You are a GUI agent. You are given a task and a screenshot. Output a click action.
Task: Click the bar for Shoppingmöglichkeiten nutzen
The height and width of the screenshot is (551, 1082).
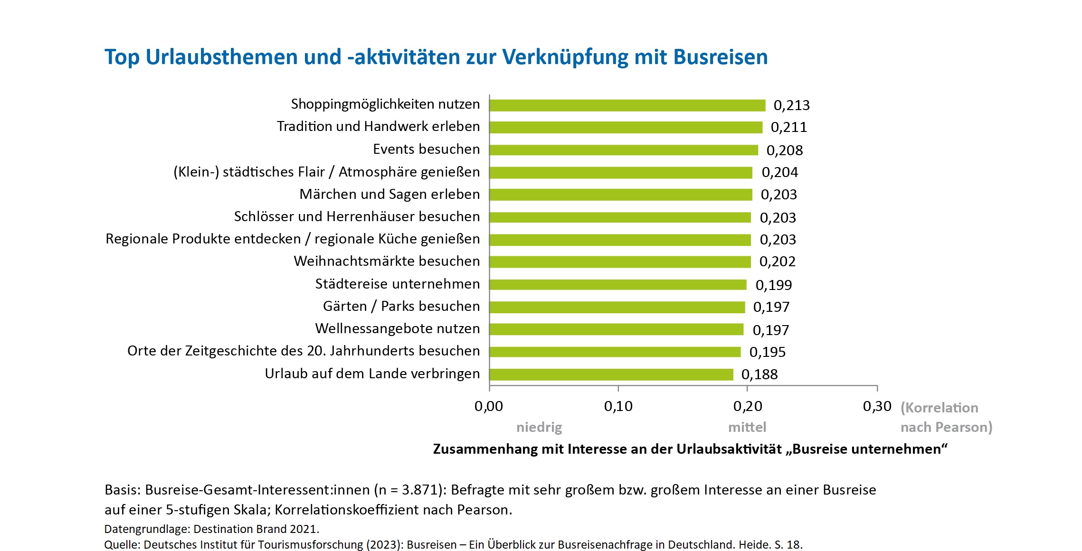click(x=627, y=105)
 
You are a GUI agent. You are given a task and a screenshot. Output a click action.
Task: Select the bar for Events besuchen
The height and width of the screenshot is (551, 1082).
click(x=623, y=150)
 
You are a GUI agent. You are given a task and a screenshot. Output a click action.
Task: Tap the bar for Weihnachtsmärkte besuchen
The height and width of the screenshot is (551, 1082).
click(x=620, y=262)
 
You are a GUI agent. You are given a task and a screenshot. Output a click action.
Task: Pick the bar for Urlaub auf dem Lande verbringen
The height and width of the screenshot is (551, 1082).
click(x=611, y=374)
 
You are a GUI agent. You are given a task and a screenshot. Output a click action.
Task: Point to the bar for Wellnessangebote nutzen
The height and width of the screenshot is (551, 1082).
click(x=616, y=329)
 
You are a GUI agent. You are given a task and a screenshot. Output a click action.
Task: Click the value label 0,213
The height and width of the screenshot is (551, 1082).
click(x=791, y=105)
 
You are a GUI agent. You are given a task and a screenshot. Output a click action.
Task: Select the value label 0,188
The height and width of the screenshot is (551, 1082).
click(x=759, y=374)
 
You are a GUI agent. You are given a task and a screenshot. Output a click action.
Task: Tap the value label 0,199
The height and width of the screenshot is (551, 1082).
click(x=773, y=285)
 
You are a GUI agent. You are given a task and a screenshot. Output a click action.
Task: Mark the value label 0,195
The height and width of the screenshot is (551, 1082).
click(x=767, y=352)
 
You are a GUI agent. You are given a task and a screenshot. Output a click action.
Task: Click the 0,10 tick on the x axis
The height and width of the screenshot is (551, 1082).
click(x=618, y=406)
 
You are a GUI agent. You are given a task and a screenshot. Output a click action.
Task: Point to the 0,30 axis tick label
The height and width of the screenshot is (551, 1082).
click(x=877, y=406)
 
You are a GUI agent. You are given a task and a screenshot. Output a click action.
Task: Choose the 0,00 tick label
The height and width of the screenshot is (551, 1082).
click(x=488, y=406)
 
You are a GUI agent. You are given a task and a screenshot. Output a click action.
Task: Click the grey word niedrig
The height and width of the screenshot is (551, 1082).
click(x=539, y=427)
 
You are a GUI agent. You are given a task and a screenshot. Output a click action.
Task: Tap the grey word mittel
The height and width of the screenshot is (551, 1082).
click(x=747, y=427)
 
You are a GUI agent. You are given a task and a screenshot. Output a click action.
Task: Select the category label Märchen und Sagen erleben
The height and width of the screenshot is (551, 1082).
click(x=389, y=194)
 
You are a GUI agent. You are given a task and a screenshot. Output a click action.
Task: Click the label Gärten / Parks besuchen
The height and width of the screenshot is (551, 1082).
click(x=401, y=306)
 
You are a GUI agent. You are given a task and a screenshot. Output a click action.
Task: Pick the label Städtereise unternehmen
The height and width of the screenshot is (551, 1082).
click(x=398, y=284)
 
